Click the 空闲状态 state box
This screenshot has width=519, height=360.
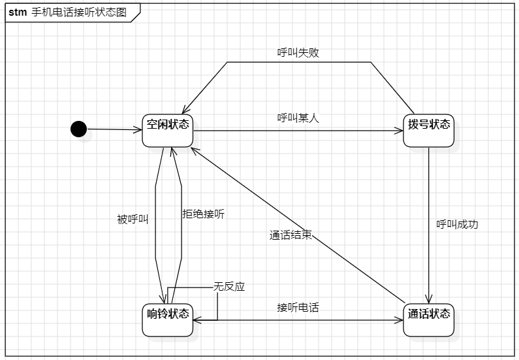168,130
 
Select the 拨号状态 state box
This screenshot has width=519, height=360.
428,130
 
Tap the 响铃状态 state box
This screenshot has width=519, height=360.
168,319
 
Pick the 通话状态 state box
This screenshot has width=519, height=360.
428,319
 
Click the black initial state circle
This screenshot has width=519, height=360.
78,129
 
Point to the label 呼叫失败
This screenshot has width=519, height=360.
298,53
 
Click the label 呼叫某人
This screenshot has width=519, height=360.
298,118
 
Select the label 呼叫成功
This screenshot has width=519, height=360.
457,224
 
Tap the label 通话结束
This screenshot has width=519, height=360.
291,235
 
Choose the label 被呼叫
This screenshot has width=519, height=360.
133,220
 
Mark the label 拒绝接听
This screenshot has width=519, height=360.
203,214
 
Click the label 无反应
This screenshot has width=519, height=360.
229,286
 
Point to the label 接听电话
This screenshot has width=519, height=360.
298,307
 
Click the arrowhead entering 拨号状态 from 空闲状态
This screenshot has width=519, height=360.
399,131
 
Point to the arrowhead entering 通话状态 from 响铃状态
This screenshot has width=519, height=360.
399,320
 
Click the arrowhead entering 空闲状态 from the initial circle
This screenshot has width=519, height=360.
138,130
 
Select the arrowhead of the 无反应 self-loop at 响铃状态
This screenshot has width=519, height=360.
197,320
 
